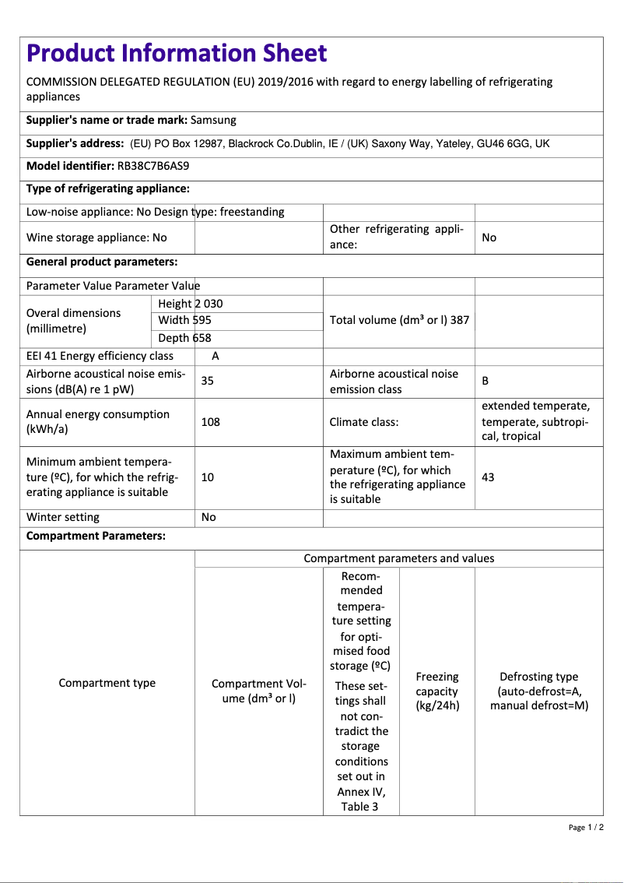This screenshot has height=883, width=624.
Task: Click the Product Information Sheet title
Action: (x=177, y=53)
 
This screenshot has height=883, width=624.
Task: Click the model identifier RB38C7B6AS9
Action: (x=153, y=166)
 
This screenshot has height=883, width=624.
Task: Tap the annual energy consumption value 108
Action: (x=210, y=422)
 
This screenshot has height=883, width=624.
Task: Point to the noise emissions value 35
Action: (x=208, y=381)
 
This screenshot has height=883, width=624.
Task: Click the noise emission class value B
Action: (x=486, y=381)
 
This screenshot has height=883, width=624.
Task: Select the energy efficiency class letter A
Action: (x=216, y=356)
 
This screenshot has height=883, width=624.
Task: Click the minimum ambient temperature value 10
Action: (x=208, y=477)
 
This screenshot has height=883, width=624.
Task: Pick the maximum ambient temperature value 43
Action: (x=488, y=477)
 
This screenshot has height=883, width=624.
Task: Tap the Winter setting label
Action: (x=63, y=517)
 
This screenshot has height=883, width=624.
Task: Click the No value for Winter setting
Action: (x=209, y=517)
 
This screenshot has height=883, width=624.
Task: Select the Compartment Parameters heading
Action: (x=96, y=536)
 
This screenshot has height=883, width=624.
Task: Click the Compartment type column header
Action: (x=107, y=683)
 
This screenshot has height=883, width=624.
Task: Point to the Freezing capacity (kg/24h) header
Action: (x=437, y=691)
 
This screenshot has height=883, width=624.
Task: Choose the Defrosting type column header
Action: (x=538, y=691)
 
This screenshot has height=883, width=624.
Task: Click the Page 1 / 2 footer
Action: (x=586, y=827)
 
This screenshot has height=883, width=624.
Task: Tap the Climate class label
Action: (x=364, y=422)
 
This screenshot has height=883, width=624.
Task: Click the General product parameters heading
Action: (x=102, y=262)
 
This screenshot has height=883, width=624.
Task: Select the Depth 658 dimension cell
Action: (x=184, y=338)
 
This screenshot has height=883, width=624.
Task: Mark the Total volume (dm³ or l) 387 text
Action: (x=399, y=320)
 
